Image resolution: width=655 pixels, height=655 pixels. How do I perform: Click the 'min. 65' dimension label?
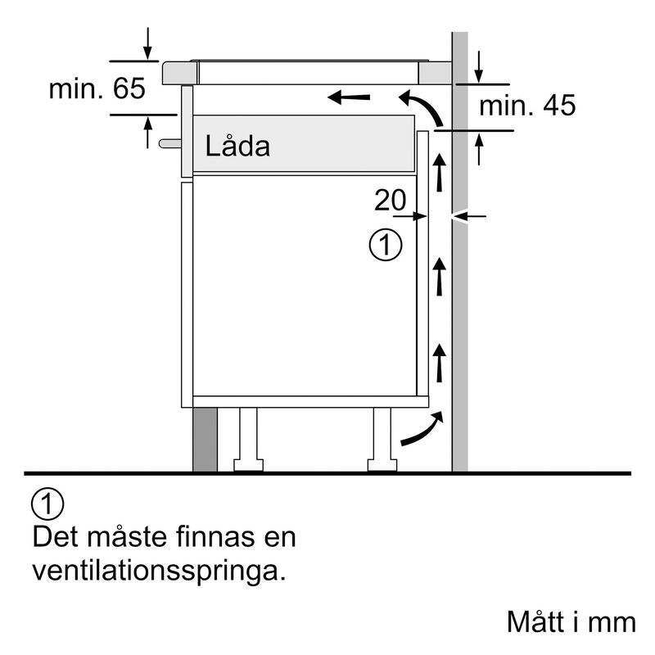97,88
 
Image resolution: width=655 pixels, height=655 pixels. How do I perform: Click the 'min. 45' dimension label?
526,105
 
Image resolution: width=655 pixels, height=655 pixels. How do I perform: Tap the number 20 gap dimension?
391,200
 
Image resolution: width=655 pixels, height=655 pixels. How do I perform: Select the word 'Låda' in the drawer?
237,147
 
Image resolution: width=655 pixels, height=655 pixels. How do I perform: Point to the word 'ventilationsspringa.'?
160,570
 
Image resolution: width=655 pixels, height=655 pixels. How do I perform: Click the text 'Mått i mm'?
571,621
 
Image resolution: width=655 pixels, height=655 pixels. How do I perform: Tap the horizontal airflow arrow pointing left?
348,99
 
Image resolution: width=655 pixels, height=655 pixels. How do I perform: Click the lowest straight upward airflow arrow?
440,362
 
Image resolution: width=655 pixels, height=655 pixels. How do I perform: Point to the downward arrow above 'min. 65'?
147,43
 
